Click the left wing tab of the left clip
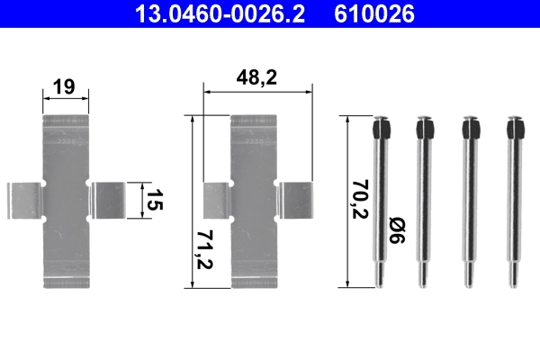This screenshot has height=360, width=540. click(x=26, y=200)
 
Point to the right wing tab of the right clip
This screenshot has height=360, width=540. click(x=296, y=200)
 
